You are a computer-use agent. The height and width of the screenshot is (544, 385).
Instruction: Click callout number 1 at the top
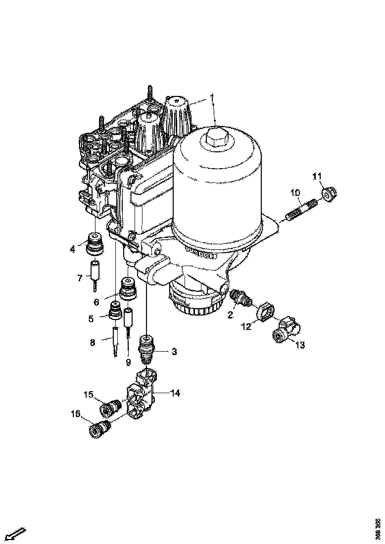click(212, 96)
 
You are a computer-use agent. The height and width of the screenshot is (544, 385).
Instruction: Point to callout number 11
click(317, 176)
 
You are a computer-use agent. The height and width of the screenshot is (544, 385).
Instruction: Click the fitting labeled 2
click(241, 298)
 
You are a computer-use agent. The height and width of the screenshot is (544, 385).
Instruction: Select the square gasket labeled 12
click(264, 313)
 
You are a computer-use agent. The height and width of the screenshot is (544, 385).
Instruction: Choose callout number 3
click(174, 352)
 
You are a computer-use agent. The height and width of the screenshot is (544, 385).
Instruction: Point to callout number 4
click(73, 249)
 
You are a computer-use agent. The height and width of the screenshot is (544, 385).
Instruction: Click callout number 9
click(128, 363)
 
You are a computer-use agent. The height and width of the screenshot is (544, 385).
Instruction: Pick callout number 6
click(96, 301)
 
